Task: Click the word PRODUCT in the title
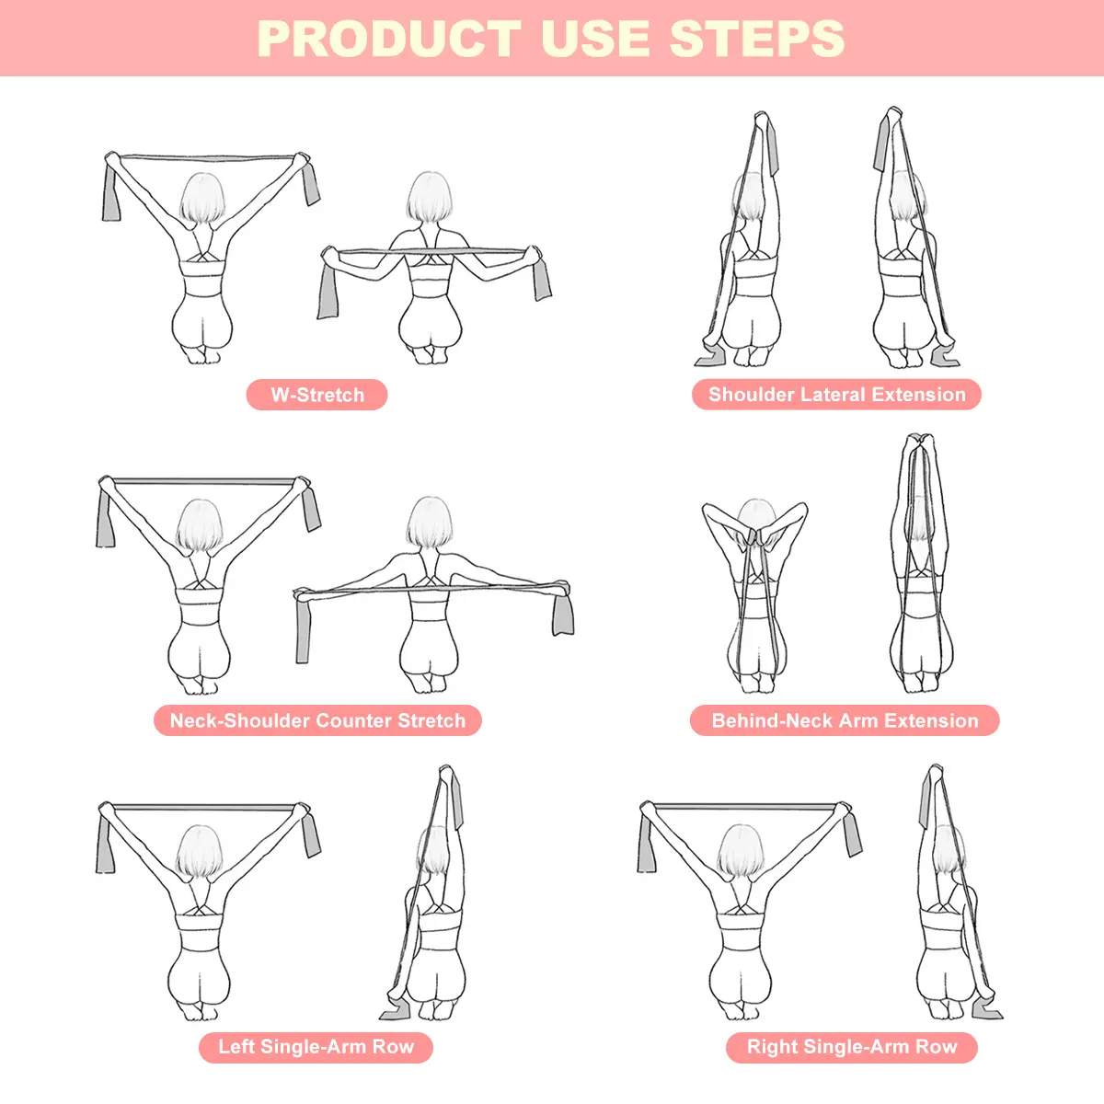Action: [x=389, y=39]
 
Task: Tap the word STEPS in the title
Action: [x=757, y=39]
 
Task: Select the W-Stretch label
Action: [x=316, y=395]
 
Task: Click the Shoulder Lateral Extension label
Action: [x=836, y=394]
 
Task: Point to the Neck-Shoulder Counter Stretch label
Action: [x=317, y=720]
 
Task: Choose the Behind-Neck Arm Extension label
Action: [x=845, y=720]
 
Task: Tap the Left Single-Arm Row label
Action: [x=316, y=1047]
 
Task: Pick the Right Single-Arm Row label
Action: [x=851, y=1047]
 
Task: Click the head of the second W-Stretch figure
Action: [x=429, y=197]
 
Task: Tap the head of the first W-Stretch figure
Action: [x=201, y=199]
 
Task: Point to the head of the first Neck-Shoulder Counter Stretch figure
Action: [x=200, y=524]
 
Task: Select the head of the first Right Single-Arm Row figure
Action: [x=741, y=851]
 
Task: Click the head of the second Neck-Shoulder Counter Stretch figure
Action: [x=429, y=522]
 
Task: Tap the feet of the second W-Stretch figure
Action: [x=431, y=355]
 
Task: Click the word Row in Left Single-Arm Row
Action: [x=393, y=1047]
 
